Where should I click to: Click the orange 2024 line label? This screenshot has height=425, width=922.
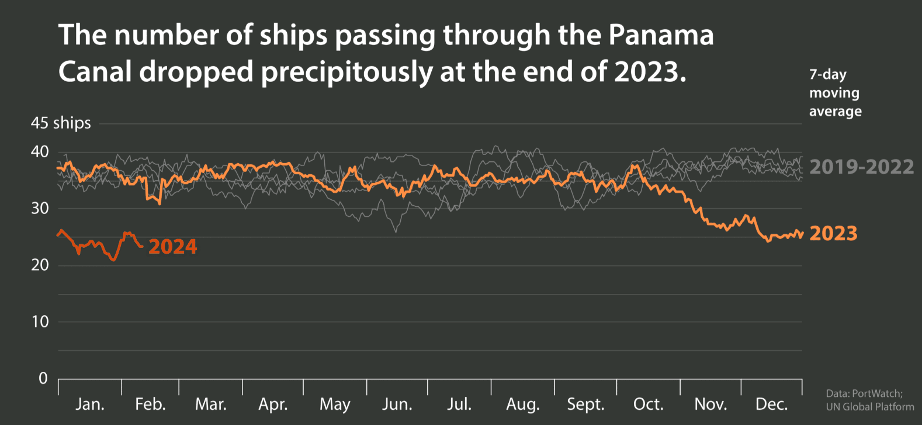[172, 247]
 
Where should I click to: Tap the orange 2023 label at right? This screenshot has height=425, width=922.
[833, 233]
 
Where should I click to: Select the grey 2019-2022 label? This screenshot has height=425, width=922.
[861, 167]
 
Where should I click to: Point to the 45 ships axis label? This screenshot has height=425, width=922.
[61, 123]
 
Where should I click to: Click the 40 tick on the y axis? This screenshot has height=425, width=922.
[40, 152]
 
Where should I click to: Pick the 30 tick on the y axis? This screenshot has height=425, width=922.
[40, 208]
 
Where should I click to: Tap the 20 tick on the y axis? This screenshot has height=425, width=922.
[40, 265]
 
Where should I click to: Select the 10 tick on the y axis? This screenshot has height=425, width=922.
[40, 322]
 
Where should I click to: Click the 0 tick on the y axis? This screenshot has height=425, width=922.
[43, 378]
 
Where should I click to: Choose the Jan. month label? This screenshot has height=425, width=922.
[90, 404]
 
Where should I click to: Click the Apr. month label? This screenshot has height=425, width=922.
[273, 404]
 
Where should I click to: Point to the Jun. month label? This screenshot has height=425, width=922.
[397, 404]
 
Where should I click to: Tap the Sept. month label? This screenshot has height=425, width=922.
[585, 404]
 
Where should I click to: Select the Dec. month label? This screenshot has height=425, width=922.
[771, 404]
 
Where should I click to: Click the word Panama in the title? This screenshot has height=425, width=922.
[661, 35]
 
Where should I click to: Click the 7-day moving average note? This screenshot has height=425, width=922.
[835, 93]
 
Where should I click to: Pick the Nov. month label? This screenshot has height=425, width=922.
[710, 404]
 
